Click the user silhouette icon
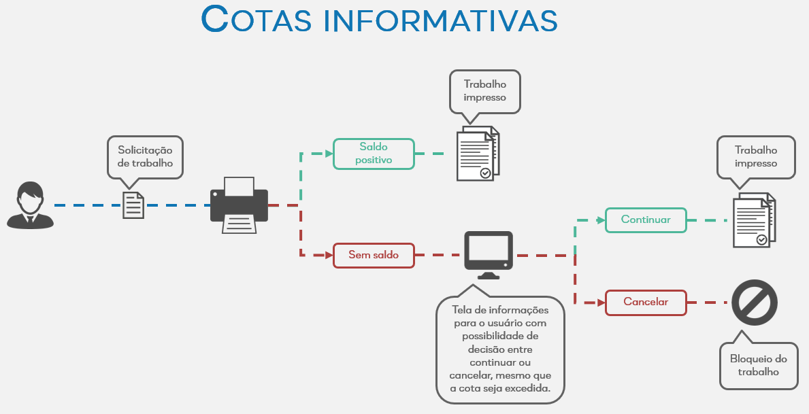[30, 205]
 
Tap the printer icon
[239, 205]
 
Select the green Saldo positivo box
[374, 154]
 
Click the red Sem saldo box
[374, 255]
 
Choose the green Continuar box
[646, 220]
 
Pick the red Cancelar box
[646, 303]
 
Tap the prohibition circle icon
[755, 303]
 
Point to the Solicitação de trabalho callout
[145, 157]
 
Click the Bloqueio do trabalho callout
[759, 365]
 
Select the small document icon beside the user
[133, 205]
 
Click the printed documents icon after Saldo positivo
[478, 154]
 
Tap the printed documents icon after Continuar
[754, 220]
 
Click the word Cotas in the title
[256, 20]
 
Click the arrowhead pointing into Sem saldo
[326, 255]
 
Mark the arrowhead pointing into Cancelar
[599, 303]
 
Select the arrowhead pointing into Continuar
[599, 220]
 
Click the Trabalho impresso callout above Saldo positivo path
[485, 91]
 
